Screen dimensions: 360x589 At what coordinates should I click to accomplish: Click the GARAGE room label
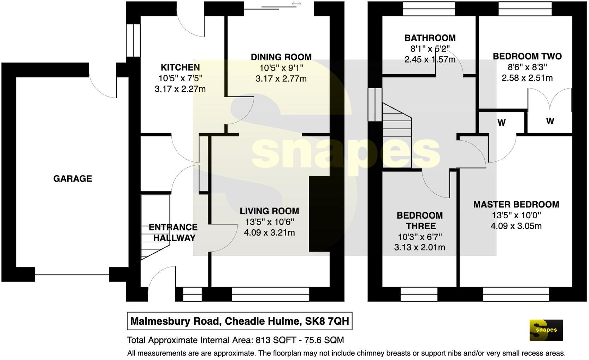click(72, 179)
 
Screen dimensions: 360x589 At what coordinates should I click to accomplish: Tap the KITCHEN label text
click(180, 67)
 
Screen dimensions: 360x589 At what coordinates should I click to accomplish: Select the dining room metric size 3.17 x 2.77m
click(281, 78)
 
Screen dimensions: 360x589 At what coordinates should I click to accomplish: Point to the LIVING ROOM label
click(269, 211)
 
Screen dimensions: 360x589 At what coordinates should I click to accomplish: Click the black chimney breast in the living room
click(319, 214)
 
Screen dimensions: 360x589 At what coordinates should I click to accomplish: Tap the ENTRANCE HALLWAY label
click(173, 232)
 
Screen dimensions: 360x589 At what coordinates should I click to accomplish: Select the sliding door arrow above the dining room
click(296, 4)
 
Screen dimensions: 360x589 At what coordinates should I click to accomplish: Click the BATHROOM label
click(430, 38)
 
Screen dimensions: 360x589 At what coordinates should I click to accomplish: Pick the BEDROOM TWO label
click(527, 57)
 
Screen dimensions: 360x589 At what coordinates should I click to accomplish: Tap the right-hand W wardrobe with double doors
click(550, 121)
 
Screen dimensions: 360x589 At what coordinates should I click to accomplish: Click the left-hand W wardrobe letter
click(501, 123)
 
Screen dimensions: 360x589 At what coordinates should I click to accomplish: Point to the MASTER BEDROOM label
click(516, 205)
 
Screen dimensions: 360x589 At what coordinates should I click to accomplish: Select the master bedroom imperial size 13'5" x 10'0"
click(516, 215)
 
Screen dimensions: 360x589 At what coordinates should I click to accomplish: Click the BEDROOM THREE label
click(419, 221)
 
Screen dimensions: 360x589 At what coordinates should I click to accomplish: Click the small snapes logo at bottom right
click(546, 330)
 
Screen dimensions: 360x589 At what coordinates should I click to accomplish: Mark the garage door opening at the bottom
click(72, 275)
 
